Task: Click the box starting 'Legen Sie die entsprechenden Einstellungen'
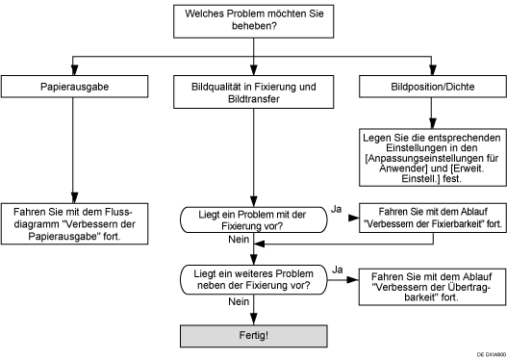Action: tap(430, 158)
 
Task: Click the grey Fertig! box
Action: tap(252, 336)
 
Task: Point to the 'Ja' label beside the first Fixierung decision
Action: tap(336, 206)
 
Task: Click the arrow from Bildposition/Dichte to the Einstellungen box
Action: tap(430, 113)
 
